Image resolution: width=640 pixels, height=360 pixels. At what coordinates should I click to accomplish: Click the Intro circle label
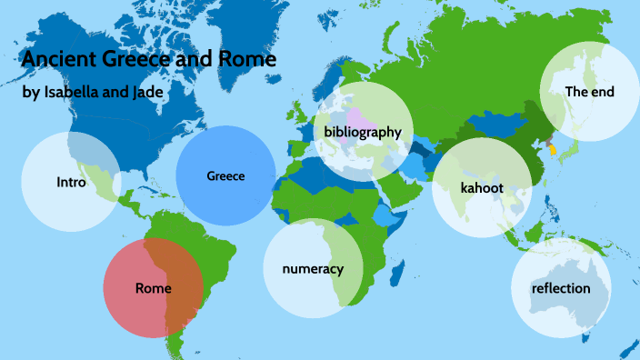[71, 182]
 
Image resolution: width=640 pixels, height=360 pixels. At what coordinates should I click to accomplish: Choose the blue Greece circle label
[225, 175]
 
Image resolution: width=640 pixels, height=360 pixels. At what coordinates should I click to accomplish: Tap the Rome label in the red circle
[153, 288]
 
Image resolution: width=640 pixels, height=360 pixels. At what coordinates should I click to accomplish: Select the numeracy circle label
[313, 269]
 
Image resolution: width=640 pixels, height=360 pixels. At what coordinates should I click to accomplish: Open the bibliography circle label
[362, 132]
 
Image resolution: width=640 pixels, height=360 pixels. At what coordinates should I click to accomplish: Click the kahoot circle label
[482, 188]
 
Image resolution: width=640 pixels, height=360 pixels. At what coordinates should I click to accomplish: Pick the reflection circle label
[561, 289]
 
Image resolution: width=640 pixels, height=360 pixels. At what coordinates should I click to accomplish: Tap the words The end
[590, 92]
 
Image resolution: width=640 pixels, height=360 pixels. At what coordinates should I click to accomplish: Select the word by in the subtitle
[30, 94]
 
